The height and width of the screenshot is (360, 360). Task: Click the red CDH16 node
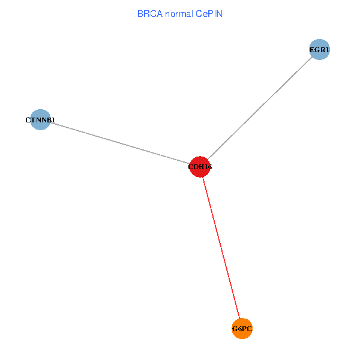(x=200, y=167)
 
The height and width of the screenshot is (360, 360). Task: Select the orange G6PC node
(x=242, y=328)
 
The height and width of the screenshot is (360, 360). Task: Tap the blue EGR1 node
(x=320, y=50)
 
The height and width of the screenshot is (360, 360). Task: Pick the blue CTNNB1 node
(x=40, y=120)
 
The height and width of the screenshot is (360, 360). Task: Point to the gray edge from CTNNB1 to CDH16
(x=120, y=143)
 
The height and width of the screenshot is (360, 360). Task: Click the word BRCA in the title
(x=149, y=13)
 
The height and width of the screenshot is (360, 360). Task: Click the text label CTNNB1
(x=40, y=121)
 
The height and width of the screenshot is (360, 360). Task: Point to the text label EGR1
(x=320, y=50)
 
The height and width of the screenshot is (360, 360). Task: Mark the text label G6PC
(x=242, y=329)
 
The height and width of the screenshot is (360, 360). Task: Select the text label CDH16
(x=200, y=167)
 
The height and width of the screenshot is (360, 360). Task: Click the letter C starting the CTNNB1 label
(x=28, y=121)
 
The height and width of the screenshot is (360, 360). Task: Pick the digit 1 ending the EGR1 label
(x=328, y=50)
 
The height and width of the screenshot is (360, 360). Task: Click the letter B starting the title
(x=140, y=13)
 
